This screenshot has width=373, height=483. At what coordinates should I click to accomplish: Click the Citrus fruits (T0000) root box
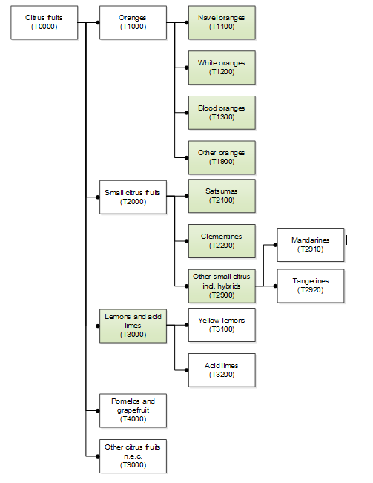(44, 22)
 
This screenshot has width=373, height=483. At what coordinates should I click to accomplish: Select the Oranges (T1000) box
(133, 22)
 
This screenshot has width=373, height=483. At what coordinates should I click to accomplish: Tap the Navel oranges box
(222, 22)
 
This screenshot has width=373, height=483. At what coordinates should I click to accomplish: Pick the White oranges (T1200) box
(222, 68)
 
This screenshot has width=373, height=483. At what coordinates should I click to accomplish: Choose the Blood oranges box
(222, 113)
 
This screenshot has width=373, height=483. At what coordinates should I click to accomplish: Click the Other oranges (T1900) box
(222, 158)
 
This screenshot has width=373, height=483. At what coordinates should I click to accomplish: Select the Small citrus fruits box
(133, 197)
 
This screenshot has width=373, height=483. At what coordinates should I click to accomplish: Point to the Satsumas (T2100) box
(222, 196)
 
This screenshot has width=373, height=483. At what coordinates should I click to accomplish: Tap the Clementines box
(222, 241)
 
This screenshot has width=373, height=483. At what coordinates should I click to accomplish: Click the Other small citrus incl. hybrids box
(222, 286)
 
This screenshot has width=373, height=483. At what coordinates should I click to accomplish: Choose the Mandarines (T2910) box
(311, 245)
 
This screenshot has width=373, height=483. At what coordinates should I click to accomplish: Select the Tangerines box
(311, 286)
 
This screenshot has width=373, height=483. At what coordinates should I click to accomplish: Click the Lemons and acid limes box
(133, 326)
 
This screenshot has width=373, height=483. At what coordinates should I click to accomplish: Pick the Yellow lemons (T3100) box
(222, 325)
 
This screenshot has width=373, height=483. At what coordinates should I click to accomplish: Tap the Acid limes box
(222, 370)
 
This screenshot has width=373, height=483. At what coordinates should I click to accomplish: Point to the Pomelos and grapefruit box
(133, 410)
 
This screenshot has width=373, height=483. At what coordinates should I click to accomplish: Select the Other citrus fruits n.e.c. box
(133, 456)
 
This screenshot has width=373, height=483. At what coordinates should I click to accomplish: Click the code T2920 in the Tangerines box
(311, 290)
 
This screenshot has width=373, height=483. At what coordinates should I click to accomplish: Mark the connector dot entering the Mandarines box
(275, 245)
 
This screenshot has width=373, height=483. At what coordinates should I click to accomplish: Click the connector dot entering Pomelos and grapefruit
(98, 410)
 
